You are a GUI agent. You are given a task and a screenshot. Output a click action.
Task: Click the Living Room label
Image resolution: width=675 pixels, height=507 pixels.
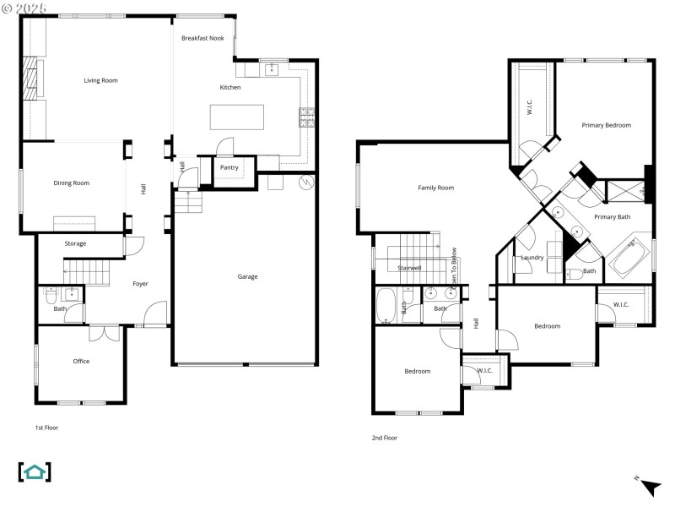point(100,80)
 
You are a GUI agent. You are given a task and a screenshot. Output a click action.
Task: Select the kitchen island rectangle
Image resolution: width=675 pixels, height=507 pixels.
point(236,115)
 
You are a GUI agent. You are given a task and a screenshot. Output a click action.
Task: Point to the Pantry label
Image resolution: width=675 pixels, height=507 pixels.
point(229,167)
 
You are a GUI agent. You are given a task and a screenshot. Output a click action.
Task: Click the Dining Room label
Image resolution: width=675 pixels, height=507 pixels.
point(72,183)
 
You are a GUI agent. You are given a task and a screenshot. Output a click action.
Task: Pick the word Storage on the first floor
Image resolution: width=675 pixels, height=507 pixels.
point(76,243)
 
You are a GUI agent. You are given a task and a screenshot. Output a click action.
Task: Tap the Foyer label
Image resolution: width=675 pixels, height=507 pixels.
point(140,283)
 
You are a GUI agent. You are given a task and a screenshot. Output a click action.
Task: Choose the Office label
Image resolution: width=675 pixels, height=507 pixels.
point(81,361)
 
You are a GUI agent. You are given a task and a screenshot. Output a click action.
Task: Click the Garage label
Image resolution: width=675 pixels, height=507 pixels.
point(247,276)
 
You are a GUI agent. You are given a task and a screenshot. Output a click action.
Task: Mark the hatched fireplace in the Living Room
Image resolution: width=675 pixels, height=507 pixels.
point(31,79)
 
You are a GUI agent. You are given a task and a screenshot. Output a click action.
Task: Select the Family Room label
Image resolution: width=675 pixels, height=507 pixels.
point(436,188)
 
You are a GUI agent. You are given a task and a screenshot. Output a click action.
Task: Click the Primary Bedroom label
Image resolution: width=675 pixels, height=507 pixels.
point(606,125)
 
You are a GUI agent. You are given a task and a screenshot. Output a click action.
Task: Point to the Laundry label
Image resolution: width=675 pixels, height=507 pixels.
point(532,257)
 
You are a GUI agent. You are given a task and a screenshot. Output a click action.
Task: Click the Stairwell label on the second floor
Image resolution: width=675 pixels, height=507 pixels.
point(409,267)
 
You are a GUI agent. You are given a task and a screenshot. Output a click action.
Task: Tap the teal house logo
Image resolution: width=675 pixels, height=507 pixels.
point(35,472)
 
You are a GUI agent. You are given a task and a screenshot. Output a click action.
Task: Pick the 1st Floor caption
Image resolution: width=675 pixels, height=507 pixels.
point(46,428)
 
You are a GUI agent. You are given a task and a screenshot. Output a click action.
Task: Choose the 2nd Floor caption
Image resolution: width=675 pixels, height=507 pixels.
point(384,438)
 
